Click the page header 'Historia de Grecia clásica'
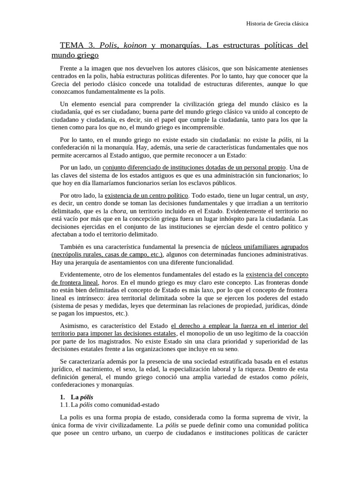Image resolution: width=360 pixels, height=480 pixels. click(x=277, y=23)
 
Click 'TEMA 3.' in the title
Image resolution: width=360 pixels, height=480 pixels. click(x=77, y=45)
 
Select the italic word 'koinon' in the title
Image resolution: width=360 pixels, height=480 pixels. click(x=134, y=45)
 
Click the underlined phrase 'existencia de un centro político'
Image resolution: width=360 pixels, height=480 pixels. click(x=146, y=195)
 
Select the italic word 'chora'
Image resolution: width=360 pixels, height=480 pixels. click(x=118, y=210)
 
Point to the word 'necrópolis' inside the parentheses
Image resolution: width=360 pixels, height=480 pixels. click(x=68, y=254)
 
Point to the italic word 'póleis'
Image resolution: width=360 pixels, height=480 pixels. click(x=299, y=377)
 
